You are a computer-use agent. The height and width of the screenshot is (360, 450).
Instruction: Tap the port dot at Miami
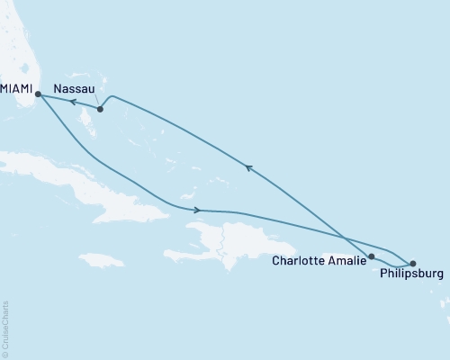[38, 93]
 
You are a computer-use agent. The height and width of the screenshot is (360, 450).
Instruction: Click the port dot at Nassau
[100, 110]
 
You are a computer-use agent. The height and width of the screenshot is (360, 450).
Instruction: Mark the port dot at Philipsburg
[413, 263]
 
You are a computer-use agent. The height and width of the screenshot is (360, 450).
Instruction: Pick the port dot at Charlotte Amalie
[371, 256]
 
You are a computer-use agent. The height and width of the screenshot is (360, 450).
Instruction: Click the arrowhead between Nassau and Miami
[73, 103]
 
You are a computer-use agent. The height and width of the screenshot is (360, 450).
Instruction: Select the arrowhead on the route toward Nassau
[247, 166]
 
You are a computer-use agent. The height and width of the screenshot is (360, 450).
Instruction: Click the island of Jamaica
[101, 259]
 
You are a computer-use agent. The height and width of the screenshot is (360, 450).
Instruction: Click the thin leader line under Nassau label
[94, 102]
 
